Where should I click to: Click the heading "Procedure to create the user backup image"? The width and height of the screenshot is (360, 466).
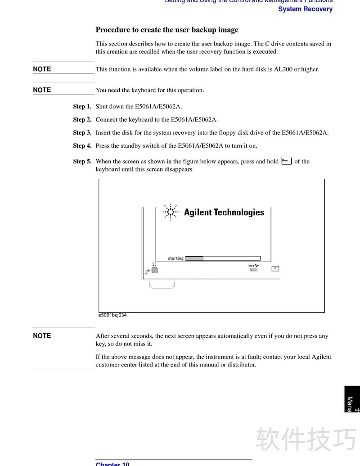pyautogui.click(x=167, y=30)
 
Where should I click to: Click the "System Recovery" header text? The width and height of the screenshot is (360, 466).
pyautogui.click(x=305, y=9)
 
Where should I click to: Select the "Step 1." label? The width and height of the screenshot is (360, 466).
pyautogui.click(x=82, y=107)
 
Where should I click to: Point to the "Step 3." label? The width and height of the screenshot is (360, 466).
pyautogui.click(x=82, y=133)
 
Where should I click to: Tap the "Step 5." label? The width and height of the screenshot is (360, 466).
pyautogui.click(x=82, y=161)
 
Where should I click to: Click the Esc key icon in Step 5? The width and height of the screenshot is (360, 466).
pyautogui.click(x=286, y=161)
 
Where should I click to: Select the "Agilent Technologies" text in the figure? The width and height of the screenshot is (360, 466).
pyautogui.click(x=224, y=213)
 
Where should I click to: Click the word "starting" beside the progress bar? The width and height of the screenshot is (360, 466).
pyautogui.click(x=175, y=258)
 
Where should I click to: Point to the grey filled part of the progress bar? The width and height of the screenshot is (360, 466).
pyautogui.click(x=194, y=258)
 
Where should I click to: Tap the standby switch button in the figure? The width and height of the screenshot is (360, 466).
pyautogui.click(x=155, y=270)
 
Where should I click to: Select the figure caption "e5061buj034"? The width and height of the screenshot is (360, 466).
pyautogui.click(x=112, y=315)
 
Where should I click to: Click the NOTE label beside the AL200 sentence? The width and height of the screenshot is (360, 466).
pyautogui.click(x=42, y=69)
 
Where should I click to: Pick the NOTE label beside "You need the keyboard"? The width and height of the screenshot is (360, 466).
pyautogui.click(x=42, y=90)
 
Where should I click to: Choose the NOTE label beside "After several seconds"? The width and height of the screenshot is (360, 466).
pyautogui.click(x=42, y=336)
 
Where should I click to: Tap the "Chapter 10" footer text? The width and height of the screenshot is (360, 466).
pyautogui.click(x=112, y=463)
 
